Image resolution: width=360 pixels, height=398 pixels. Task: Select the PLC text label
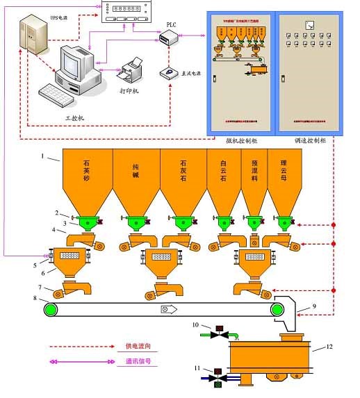pos(172,24)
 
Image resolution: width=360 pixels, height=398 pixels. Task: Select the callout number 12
pos(330,347)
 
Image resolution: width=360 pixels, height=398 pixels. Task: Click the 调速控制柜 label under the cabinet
pos(307,140)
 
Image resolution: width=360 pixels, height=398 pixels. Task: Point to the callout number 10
pos(197,324)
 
